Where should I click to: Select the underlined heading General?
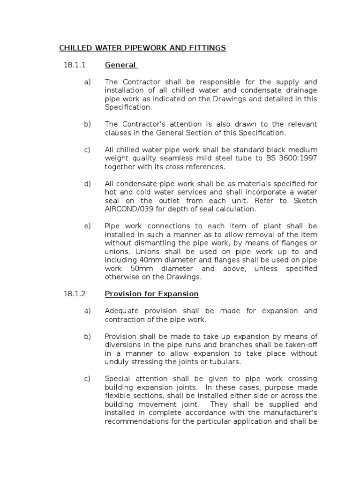pos(120,65)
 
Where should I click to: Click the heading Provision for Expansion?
pos(152,294)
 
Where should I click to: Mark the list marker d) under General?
pos(87,184)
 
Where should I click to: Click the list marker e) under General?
pos(87,226)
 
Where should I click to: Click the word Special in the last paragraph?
pos(118,379)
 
